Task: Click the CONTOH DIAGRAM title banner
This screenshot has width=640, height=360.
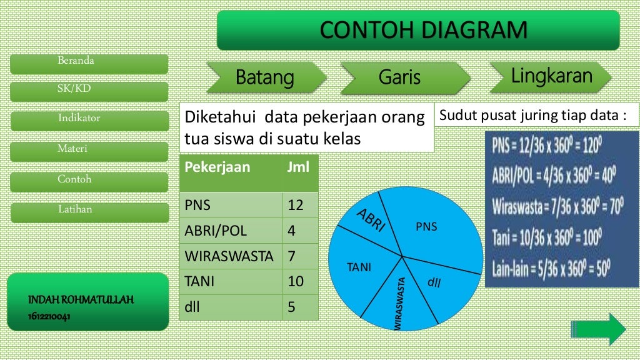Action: (x=418, y=30)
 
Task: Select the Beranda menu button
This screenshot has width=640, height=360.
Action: (x=89, y=64)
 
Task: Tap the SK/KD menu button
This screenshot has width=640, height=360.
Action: (x=89, y=91)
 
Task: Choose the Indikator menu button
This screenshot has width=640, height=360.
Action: (x=89, y=121)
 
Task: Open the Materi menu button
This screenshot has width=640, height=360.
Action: (x=89, y=151)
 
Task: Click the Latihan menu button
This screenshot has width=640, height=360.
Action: (x=89, y=212)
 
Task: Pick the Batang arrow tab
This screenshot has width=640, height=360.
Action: (x=264, y=78)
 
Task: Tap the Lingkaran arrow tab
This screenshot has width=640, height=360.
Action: (x=551, y=76)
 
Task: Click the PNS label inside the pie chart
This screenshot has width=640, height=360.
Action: (x=426, y=227)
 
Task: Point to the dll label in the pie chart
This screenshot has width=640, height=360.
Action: (x=434, y=282)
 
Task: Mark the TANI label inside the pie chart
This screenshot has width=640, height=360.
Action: (x=359, y=267)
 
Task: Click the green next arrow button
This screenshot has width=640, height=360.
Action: (x=599, y=328)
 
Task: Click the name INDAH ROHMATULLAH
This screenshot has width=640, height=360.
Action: (x=81, y=301)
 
